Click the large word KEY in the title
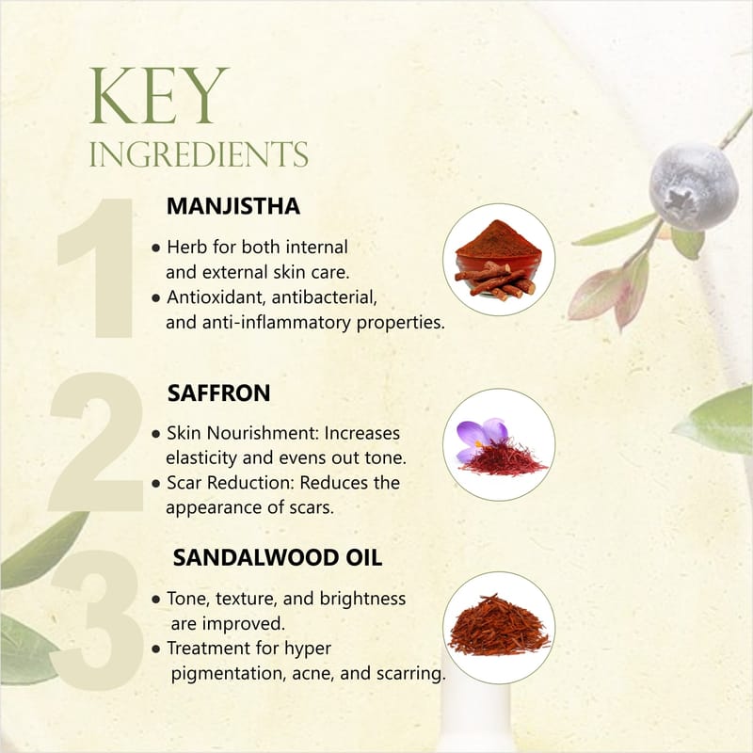(158, 96)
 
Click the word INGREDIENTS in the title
(199, 154)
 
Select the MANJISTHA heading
(233, 206)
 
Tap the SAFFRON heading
(219, 393)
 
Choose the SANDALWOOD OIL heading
(278, 557)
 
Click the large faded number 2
(96, 441)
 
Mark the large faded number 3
(98, 620)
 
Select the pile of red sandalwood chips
(499, 625)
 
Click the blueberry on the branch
(694, 185)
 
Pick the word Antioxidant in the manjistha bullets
(216, 297)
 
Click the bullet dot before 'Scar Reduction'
(155, 484)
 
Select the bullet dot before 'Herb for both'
(155, 248)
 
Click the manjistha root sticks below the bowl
(496, 280)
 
